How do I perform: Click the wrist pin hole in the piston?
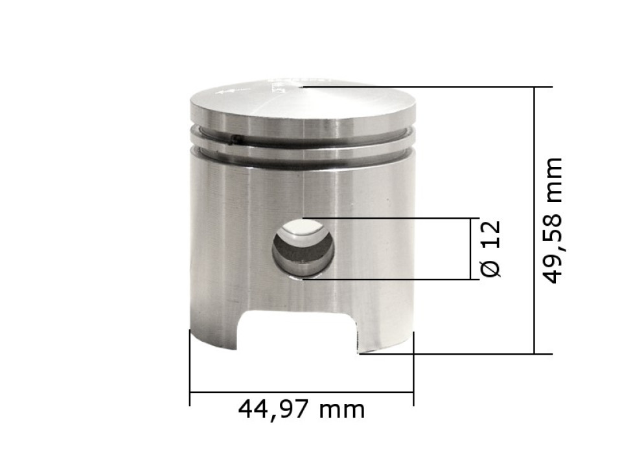[303, 249]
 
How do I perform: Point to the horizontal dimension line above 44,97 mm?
[301, 392]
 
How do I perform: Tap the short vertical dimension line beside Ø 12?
[471, 249]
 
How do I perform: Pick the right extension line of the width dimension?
[413, 369]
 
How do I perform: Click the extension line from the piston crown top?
[421, 86]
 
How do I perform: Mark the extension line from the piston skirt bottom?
[454, 353]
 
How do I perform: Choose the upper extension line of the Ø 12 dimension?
[389, 218]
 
